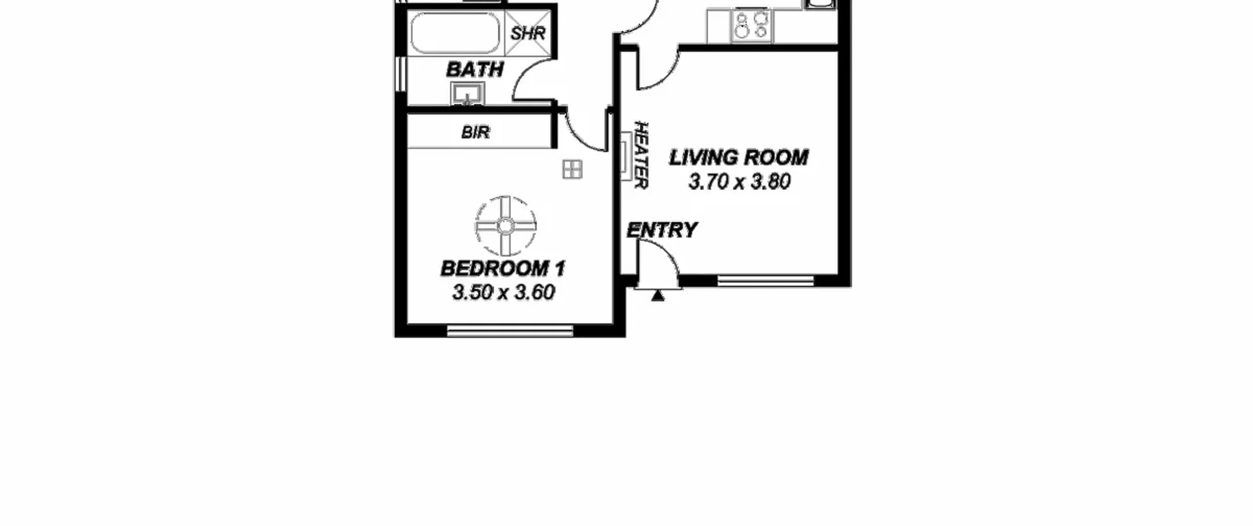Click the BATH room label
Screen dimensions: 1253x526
475,69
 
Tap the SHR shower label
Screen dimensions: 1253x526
528,33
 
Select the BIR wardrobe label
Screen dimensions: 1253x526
475,132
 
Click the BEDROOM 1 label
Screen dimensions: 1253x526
503,268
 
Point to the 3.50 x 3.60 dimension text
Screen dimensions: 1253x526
504,292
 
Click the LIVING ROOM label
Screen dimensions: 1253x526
739,158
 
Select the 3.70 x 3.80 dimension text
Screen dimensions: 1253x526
739,182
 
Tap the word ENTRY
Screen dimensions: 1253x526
662,230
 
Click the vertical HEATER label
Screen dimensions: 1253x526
641,155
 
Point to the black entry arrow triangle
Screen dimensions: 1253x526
658,296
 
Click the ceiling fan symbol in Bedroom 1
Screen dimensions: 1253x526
506,226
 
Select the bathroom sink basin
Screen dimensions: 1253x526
467,93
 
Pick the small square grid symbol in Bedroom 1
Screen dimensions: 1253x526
572,169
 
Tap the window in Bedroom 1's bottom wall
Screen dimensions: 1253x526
510,331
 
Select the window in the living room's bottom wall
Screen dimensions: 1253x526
766,281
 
